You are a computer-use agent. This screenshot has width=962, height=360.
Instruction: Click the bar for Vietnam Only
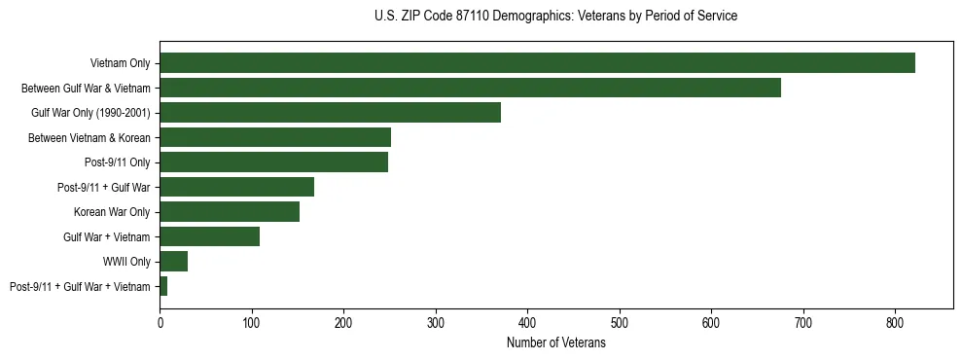537,63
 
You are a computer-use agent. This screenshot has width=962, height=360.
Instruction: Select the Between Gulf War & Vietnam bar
470,88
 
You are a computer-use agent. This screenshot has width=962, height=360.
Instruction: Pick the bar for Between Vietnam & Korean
275,137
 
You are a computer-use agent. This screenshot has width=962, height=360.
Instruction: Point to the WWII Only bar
173,261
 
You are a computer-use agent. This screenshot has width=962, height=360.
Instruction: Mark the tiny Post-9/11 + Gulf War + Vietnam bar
163,286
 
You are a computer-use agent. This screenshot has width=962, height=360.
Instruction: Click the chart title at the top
555,17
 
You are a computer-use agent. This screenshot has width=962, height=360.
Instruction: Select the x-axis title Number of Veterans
555,343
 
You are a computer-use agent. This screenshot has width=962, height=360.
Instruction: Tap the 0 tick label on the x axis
160,323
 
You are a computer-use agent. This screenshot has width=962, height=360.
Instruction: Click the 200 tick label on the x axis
343,323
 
